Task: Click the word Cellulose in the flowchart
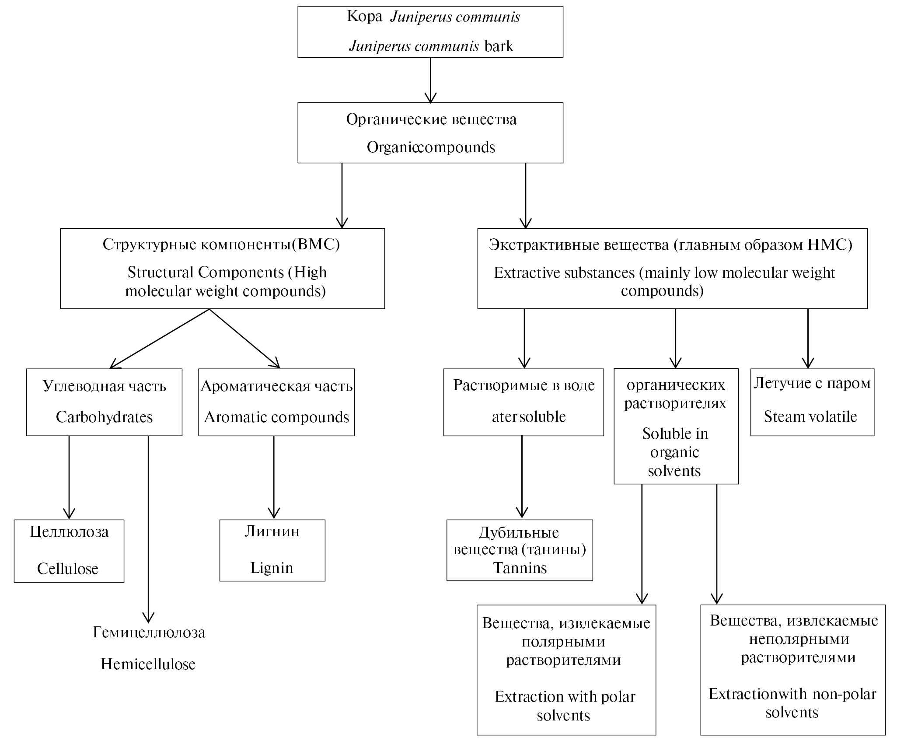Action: coord(68,569)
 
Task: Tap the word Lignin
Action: coord(272,568)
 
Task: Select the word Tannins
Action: coord(520,568)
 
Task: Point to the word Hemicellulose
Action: coord(148,664)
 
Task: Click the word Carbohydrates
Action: coord(104,417)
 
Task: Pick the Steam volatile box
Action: coord(812,402)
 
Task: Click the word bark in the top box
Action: coord(499,46)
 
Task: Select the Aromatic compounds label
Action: coord(276,417)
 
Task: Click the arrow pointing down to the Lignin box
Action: coord(274,477)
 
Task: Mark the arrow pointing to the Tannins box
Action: coord(522,477)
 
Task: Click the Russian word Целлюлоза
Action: coord(69,532)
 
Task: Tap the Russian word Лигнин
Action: coord(272,531)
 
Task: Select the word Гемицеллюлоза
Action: coord(149,632)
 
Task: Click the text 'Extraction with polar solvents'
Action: coord(565,706)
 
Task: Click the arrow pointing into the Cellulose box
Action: coord(69,477)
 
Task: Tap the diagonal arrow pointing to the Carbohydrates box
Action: coord(160,339)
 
